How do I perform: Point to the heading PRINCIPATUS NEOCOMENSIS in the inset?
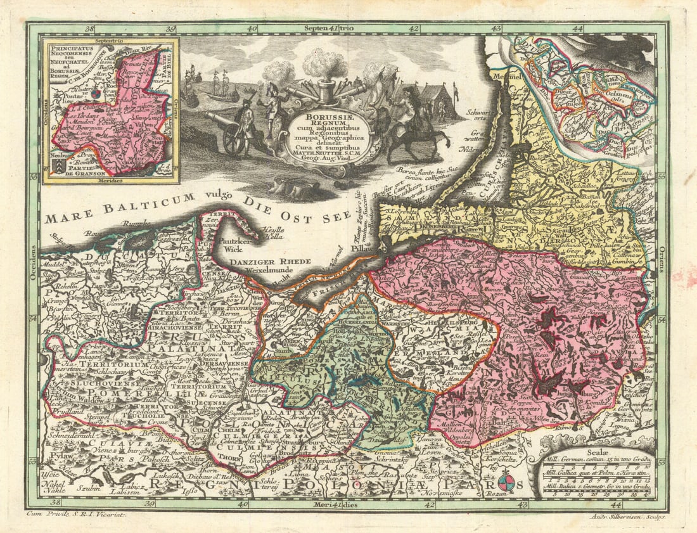[x=68, y=54]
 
